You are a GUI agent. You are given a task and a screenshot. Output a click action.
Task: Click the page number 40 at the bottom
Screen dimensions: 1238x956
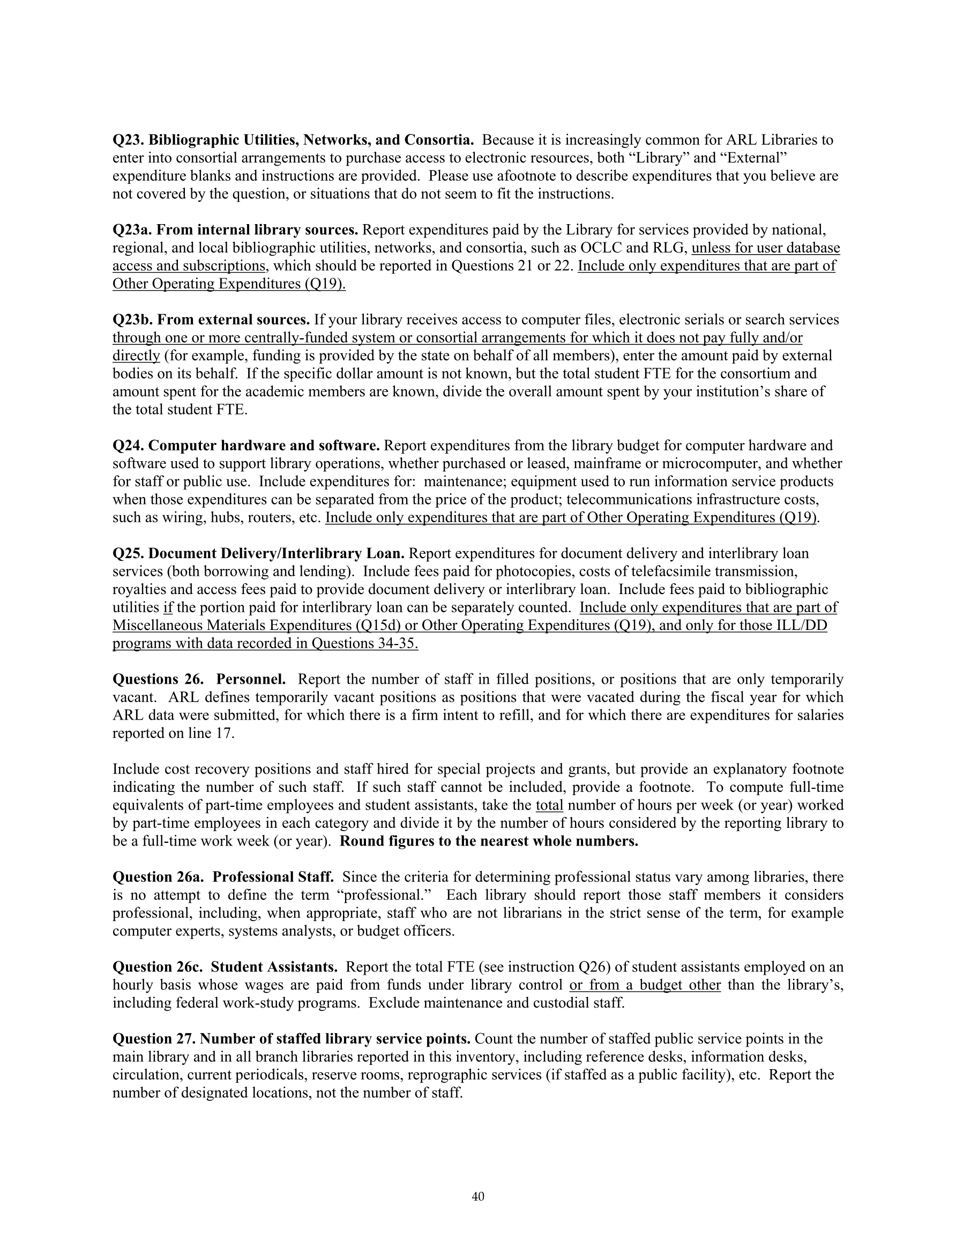click(477, 1197)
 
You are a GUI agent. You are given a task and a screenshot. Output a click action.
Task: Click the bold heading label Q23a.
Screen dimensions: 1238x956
click(132, 229)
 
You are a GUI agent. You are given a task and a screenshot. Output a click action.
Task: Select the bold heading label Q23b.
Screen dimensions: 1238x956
click(132, 320)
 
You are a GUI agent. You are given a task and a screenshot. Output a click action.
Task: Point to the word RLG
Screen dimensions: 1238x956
click(670, 248)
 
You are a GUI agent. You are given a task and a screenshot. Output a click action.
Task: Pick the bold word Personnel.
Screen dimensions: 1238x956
click(251, 679)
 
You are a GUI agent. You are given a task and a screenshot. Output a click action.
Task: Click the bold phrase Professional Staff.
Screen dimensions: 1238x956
click(273, 877)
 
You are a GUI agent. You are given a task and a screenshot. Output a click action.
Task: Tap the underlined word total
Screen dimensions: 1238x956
click(549, 805)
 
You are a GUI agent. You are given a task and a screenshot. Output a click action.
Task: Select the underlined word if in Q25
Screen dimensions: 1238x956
click(168, 607)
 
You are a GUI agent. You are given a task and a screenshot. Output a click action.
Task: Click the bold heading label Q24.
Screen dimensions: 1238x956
click(128, 446)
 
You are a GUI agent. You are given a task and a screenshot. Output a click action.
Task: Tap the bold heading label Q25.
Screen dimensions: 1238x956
click(128, 553)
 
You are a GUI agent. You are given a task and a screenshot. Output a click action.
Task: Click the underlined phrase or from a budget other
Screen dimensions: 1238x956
click(645, 984)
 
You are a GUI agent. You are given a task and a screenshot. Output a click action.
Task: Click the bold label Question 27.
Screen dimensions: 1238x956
click(154, 1039)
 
